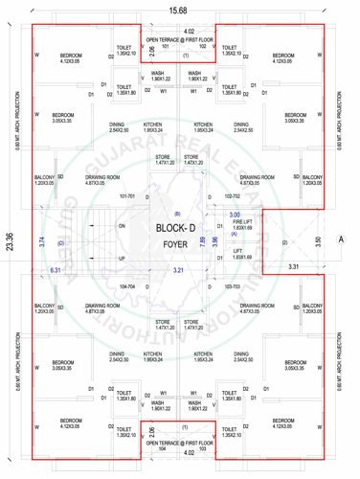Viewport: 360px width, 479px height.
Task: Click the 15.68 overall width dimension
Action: click(x=180, y=10)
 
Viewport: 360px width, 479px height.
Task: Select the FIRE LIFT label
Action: click(x=241, y=222)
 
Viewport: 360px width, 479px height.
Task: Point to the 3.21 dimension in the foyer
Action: click(x=177, y=271)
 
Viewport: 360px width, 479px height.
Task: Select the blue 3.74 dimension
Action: click(x=41, y=242)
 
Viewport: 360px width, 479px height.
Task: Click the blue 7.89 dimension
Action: click(x=202, y=242)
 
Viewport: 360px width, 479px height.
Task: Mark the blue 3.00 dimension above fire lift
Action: click(x=236, y=215)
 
